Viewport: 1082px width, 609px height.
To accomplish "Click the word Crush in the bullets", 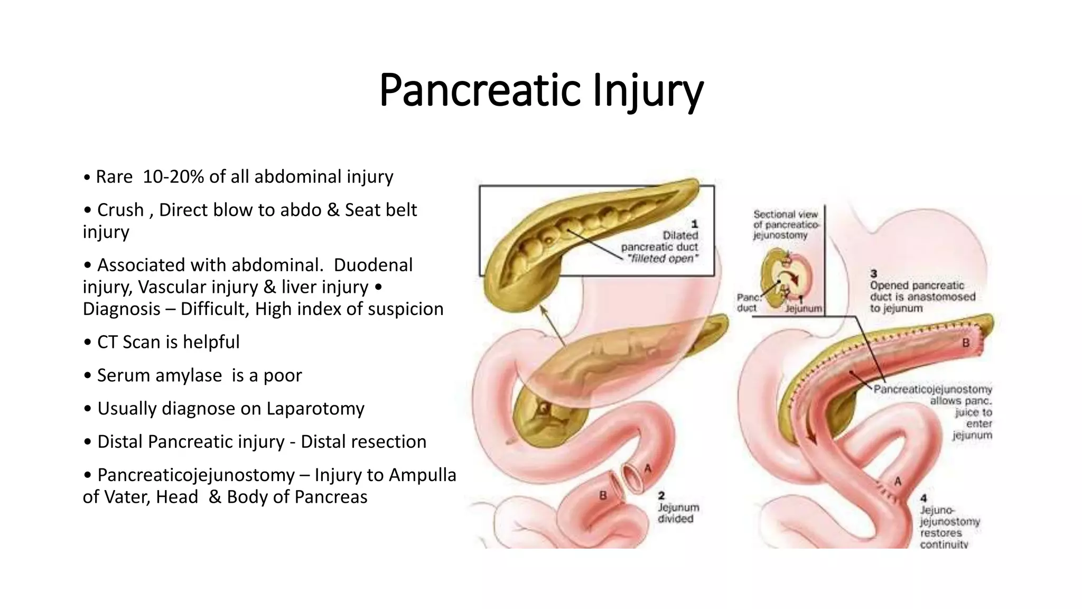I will point(120,210).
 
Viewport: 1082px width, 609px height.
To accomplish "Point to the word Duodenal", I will point(373,265).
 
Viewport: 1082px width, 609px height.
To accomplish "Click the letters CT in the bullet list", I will point(107,342).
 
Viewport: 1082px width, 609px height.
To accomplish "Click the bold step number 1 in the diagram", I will point(695,224).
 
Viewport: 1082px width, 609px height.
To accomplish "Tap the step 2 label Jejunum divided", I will point(678,513).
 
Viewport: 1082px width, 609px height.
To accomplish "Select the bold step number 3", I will point(874,274).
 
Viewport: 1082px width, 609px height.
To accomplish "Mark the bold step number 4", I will point(923,498).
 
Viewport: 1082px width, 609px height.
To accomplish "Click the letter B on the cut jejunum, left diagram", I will point(602,495).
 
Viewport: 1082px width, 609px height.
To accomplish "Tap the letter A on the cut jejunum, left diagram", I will point(648,468).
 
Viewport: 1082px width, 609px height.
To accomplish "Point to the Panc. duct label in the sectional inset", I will point(748,303).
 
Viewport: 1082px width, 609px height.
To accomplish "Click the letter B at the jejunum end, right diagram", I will point(966,343).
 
